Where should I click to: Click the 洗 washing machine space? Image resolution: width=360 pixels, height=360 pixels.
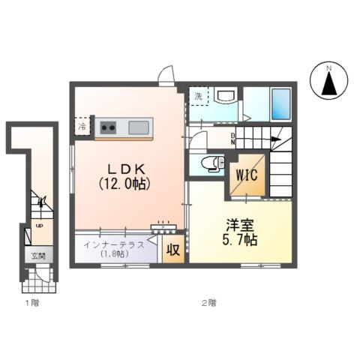point(198,96)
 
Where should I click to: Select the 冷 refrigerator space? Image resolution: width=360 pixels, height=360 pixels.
point(82,127)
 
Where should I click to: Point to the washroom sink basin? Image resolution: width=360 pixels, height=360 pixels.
point(225,96)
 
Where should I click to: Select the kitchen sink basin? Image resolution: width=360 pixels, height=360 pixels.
point(139,127)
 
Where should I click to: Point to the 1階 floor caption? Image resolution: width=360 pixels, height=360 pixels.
point(31,303)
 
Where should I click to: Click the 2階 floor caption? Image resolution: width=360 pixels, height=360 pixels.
point(208,303)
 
